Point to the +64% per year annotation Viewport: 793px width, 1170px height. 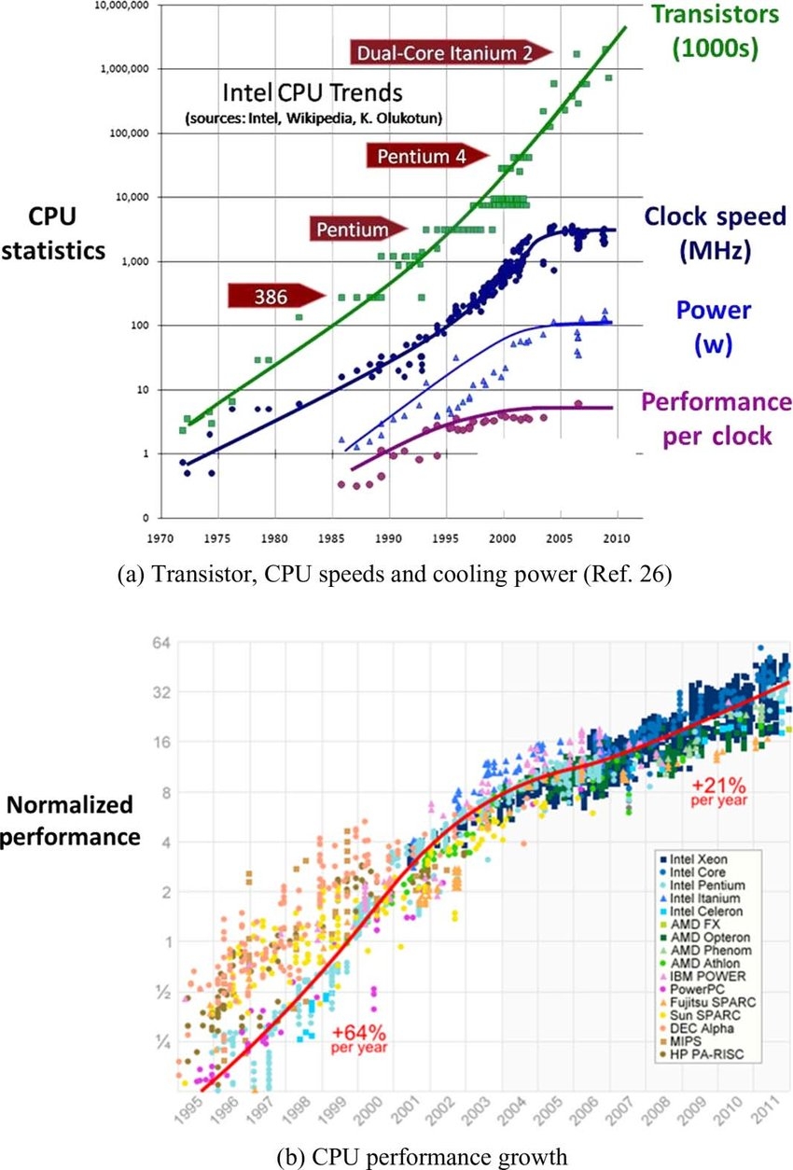tap(359, 1038)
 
